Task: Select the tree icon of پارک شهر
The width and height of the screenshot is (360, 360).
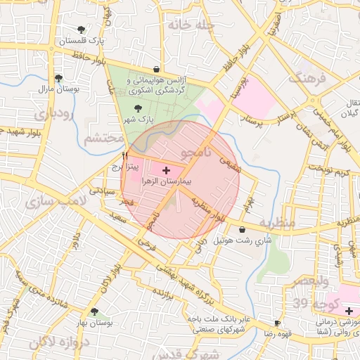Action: coord(137,108)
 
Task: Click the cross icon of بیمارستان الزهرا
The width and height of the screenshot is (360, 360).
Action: coord(166,170)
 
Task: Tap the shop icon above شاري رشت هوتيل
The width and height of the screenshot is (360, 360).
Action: coord(243,229)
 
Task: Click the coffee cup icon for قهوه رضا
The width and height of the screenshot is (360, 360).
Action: coord(278,324)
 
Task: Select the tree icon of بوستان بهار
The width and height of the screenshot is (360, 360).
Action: coord(94,311)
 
